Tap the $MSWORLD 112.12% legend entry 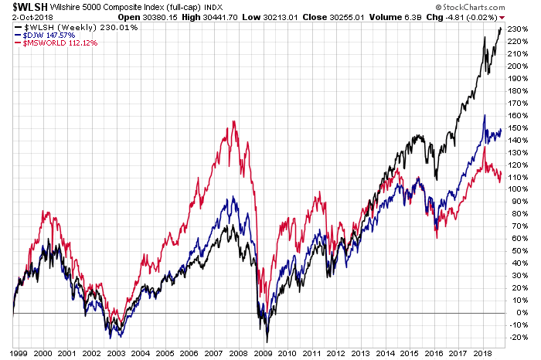tap(46, 42)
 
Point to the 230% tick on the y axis tap(519, 29)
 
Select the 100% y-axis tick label tap(519, 189)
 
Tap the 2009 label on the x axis tap(263, 352)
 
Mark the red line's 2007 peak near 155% tap(233, 122)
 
